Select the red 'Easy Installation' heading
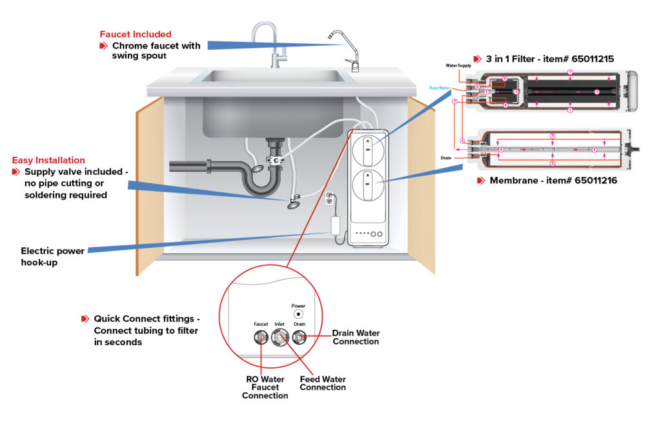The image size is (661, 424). [49, 160]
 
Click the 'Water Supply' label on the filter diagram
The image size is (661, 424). [459, 66]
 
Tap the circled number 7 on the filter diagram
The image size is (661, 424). [455, 101]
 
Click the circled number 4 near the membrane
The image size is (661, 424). [462, 140]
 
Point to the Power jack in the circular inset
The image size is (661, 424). [298, 314]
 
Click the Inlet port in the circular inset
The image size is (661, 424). [280, 336]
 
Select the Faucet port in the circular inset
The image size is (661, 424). [260, 336]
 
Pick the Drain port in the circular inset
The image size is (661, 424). [299, 336]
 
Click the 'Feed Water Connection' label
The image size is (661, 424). [323, 383]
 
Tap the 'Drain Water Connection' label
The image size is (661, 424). [356, 338]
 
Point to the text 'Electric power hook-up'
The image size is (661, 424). [54, 256]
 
